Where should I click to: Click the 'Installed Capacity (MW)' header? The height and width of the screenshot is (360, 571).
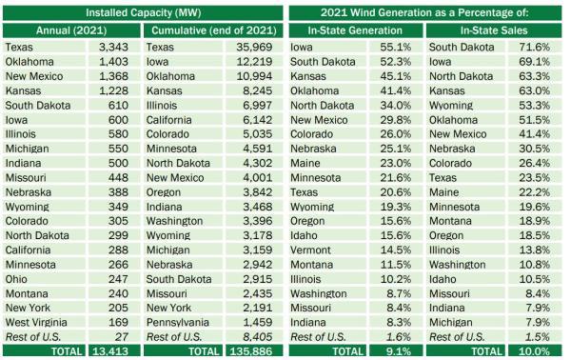(x=142, y=11)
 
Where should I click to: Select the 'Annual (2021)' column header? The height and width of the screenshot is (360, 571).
(x=70, y=30)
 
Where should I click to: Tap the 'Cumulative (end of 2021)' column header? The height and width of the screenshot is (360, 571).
(x=213, y=30)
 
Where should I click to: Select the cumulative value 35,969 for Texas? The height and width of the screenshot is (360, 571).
(x=261, y=47)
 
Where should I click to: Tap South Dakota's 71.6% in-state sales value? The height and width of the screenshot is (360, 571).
(x=544, y=47)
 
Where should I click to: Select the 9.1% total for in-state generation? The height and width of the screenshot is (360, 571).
(x=401, y=351)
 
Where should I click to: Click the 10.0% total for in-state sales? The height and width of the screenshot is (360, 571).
(x=542, y=351)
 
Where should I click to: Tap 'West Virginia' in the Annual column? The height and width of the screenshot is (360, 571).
(x=38, y=321)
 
